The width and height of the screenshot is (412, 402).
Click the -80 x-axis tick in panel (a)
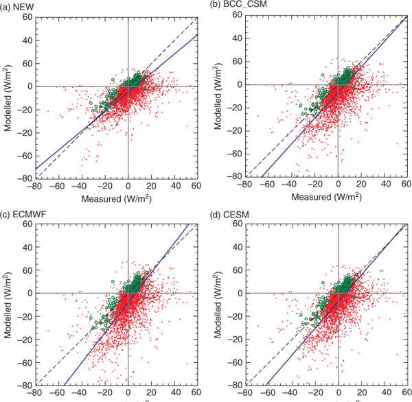[x=36, y=186]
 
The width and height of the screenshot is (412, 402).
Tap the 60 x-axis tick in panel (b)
[x=405, y=186]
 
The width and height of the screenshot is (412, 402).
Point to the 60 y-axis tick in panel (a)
[x=28, y=16]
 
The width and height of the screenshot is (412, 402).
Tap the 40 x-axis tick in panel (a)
[x=174, y=186]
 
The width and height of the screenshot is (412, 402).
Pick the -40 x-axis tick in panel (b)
[x=292, y=186]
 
